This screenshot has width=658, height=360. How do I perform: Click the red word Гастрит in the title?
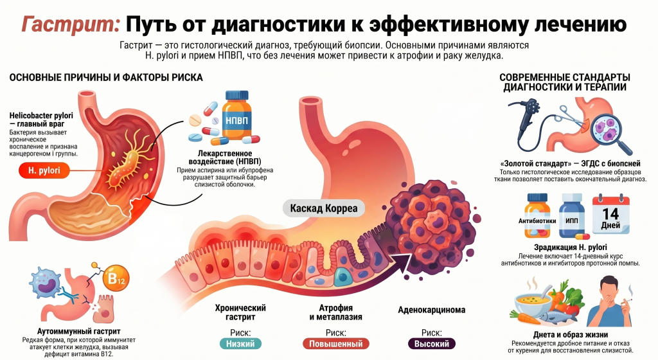tap(71, 24)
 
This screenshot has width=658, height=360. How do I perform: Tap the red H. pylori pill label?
tap(44, 170)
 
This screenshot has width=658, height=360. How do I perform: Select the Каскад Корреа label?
tap(324, 208)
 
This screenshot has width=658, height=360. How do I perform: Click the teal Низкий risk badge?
tap(240, 344)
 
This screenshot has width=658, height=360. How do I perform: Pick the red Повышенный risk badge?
tap(335, 344)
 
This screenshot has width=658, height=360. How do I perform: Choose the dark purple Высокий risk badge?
tap(432, 344)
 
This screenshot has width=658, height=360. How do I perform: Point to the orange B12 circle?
tap(116, 278)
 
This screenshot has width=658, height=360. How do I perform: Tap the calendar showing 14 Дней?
tap(610, 215)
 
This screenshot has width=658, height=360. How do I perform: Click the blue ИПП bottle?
tap(571, 215)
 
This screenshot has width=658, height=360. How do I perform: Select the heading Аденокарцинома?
tap(431, 310)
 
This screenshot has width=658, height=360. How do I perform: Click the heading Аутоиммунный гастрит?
tap(79, 332)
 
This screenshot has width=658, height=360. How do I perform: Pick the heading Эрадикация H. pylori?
tap(571, 248)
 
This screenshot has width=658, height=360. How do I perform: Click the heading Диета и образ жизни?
tap(571, 335)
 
